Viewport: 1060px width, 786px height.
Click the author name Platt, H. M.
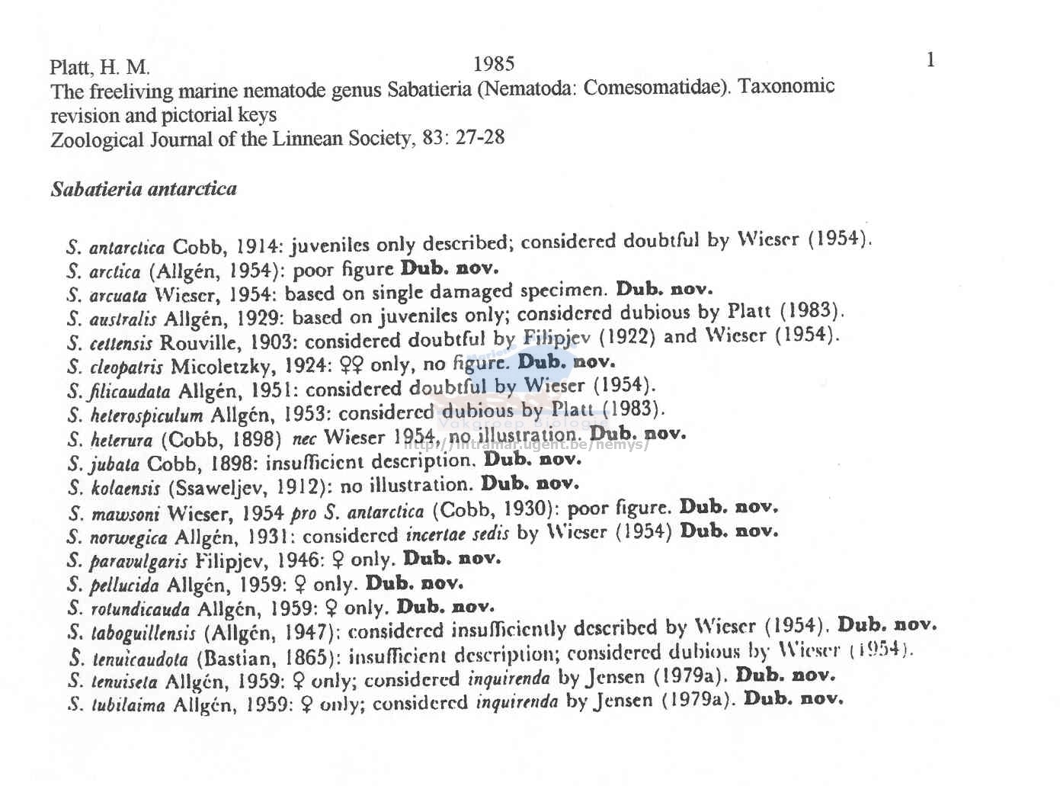100,68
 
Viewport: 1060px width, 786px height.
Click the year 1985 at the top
493,64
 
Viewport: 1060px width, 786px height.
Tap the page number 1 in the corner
930,60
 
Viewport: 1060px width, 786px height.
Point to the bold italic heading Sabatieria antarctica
143,189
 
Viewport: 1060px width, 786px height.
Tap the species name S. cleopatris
115,367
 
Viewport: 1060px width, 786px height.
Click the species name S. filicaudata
119,392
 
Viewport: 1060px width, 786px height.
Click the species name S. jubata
104,464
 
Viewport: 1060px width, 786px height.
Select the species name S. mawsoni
114,514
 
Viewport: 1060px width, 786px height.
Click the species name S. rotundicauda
128,609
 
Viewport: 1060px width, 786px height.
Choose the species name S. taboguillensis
132,633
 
